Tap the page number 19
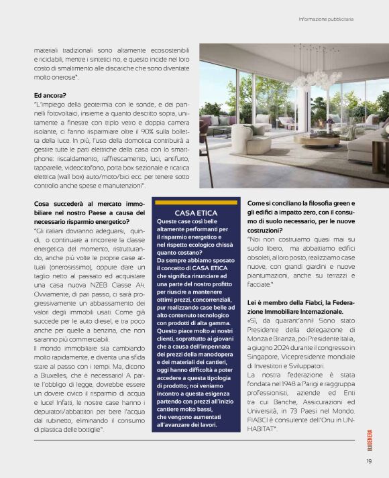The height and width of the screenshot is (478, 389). (369, 460)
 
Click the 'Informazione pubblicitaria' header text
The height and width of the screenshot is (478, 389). (326, 18)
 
